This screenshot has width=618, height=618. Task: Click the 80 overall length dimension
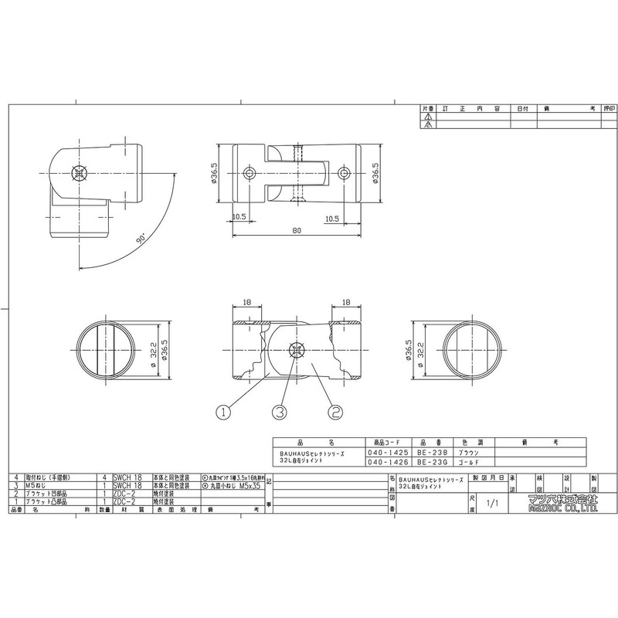tap(297, 229)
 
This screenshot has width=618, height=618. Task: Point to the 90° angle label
tap(141, 240)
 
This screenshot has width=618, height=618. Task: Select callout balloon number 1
tap(223, 412)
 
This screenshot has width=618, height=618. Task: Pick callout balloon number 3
tap(279, 412)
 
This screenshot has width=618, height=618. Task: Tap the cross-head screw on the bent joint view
tap(77, 174)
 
